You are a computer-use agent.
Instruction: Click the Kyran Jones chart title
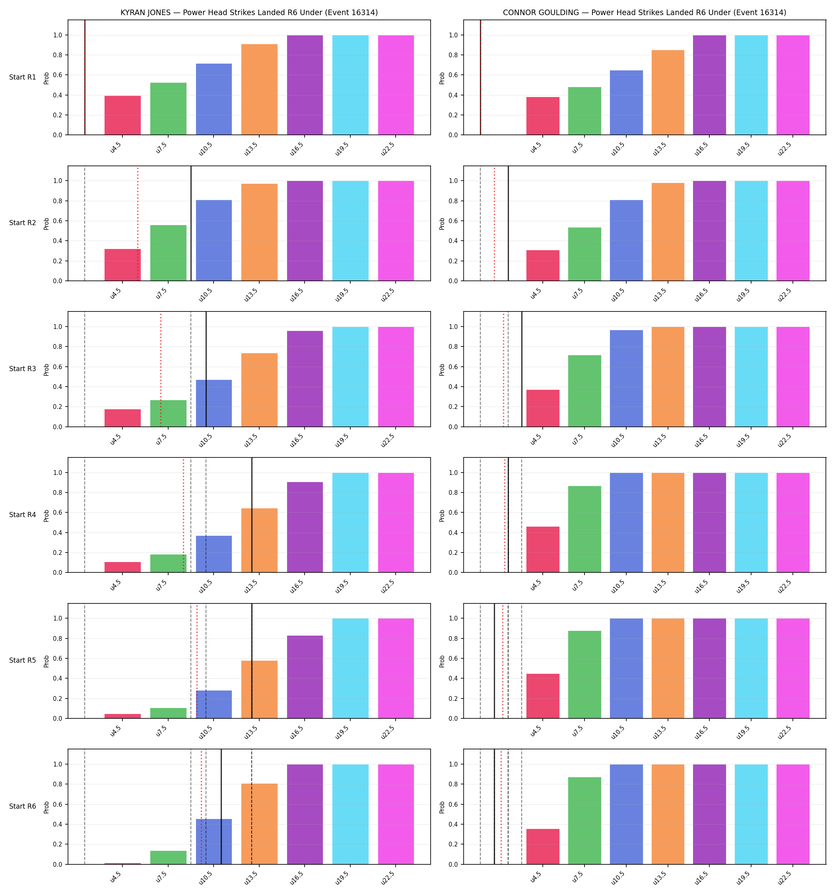click(x=249, y=13)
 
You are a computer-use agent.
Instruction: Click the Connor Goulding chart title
click(x=645, y=13)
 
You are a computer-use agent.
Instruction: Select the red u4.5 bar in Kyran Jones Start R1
click(x=122, y=115)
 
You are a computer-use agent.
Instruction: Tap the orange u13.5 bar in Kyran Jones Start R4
click(x=259, y=540)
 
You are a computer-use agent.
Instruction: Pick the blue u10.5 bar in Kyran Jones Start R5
click(x=214, y=704)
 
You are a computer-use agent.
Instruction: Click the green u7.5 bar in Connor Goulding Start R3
click(x=584, y=391)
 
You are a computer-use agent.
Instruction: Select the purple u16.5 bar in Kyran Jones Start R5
click(x=305, y=677)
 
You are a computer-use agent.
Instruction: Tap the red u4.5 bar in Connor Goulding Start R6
click(x=543, y=846)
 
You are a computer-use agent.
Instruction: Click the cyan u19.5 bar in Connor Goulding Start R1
click(x=751, y=85)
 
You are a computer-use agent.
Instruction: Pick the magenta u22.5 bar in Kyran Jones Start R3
click(x=396, y=376)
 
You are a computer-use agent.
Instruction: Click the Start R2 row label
click(x=23, y=223)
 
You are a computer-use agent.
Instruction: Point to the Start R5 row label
click(x=23, y=660)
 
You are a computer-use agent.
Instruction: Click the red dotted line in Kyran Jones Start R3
click(x=161, y=369)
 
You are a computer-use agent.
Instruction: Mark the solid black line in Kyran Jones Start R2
click(x=191, y=223)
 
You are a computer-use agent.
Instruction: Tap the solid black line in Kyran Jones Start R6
click(x=221, y=807)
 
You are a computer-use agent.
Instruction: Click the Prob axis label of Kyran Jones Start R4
click(x=47, y=516)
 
